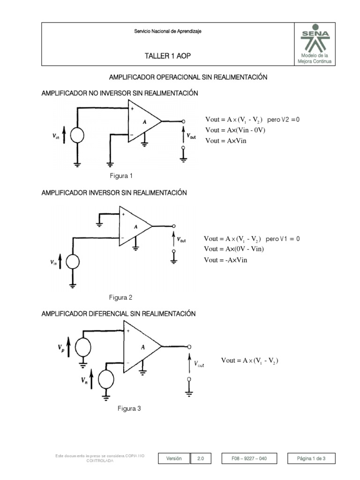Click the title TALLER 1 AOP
pos(168,56)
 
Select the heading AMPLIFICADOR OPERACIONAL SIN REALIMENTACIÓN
pos(188,77)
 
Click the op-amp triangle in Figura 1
pos(142,121)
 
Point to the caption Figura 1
pos(121,176)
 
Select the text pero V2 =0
pos(283,120)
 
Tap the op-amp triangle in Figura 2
pos(133,226)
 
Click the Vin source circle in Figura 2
pos(74,262)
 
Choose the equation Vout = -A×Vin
pos(225,260)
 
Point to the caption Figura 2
pos(121,297)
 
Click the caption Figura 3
pos(129,408)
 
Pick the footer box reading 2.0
pos(201,458)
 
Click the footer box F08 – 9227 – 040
pos(249,458)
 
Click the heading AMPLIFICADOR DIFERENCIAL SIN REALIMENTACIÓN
pos(119,313)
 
